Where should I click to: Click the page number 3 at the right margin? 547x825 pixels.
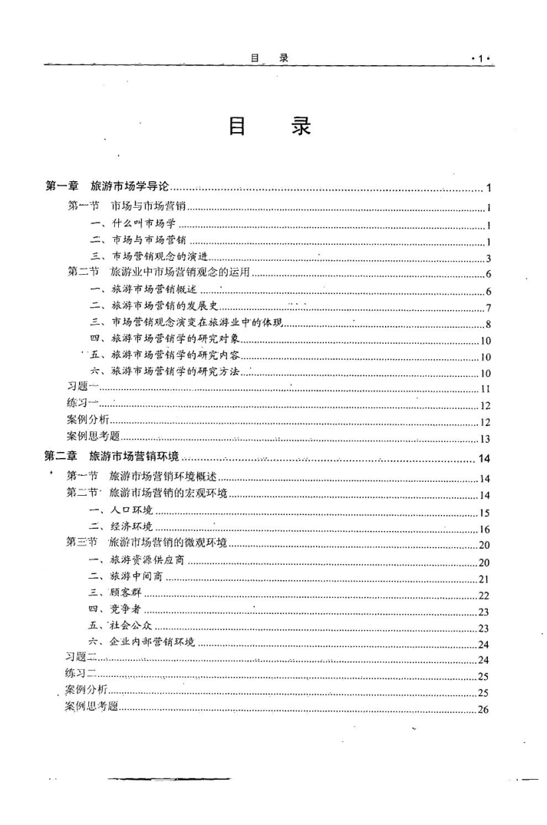pyautogui.click(x=488, y=257)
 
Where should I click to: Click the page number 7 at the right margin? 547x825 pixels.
pyautogui.click(x=488, y=308)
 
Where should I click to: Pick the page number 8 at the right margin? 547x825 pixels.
pyautogui.click(x=488, y=324)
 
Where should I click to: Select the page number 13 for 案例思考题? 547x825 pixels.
pyautogui.click(x=485, y=439)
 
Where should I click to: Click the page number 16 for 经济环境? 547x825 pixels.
pyautogui.click(x=485, y=530)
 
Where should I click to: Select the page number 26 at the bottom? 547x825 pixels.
pyautogui.click(x=483, y=709)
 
